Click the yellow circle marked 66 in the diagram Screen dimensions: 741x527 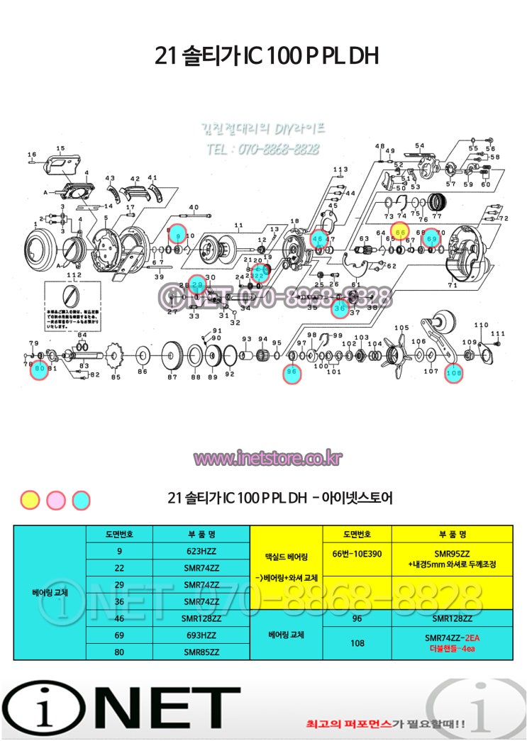401,232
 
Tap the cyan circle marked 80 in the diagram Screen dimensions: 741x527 39,369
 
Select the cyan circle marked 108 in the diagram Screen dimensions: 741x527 453,372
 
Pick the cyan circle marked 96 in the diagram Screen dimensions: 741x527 291,372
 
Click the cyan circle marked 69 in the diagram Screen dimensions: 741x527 432,240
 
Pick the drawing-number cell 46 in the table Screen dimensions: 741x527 119,618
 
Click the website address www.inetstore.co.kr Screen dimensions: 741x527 267,459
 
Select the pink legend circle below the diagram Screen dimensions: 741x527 56,500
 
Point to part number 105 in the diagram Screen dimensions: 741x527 401,328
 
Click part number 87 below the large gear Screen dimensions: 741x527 172,377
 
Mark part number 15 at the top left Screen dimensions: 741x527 60,148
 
